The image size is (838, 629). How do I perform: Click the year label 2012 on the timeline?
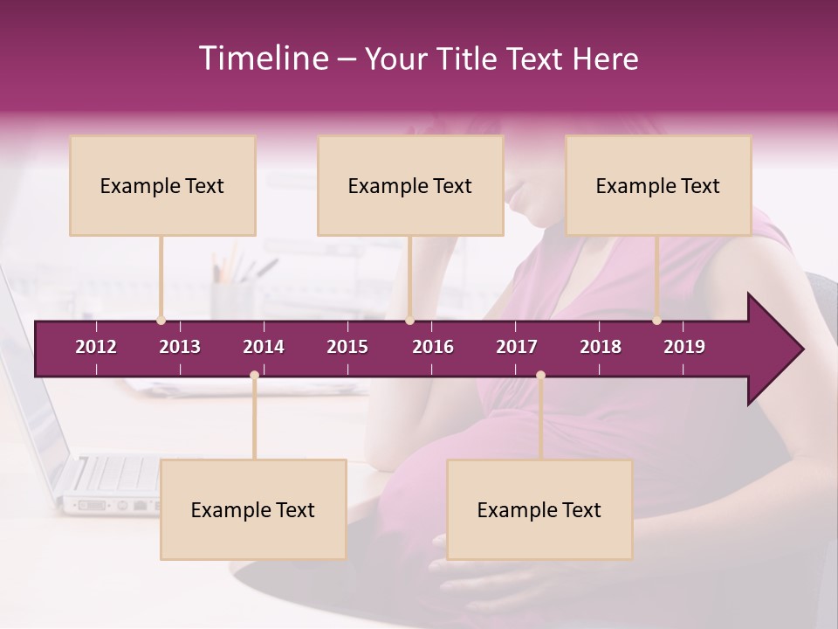(x=96, y=347)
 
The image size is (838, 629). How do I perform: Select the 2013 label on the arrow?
(x=180, y=347)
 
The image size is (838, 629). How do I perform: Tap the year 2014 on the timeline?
(x=264, y=347)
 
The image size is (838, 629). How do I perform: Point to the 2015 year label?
(x=347, y=347)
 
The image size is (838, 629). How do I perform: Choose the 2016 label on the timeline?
(x=433, y=347)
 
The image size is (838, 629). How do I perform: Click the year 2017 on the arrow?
(x=517, y=347)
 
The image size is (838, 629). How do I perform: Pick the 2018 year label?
(x=601, y=347)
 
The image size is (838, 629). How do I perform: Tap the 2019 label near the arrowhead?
(x=684, y=347)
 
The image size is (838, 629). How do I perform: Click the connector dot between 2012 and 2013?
(x=161, y=321)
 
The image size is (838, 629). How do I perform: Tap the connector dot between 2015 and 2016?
(x=409, y=321)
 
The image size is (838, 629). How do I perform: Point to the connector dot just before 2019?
(x=657, y=321)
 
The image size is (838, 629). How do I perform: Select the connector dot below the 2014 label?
(x=254, y=376)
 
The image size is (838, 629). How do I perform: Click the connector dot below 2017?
(x=540, y=376)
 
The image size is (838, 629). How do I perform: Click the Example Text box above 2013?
(x=162, y=185)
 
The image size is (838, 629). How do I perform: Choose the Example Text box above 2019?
(x=658, y=185)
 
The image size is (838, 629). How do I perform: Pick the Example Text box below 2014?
(x=253, y=509)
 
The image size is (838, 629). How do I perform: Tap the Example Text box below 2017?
(x=539, y=509)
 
